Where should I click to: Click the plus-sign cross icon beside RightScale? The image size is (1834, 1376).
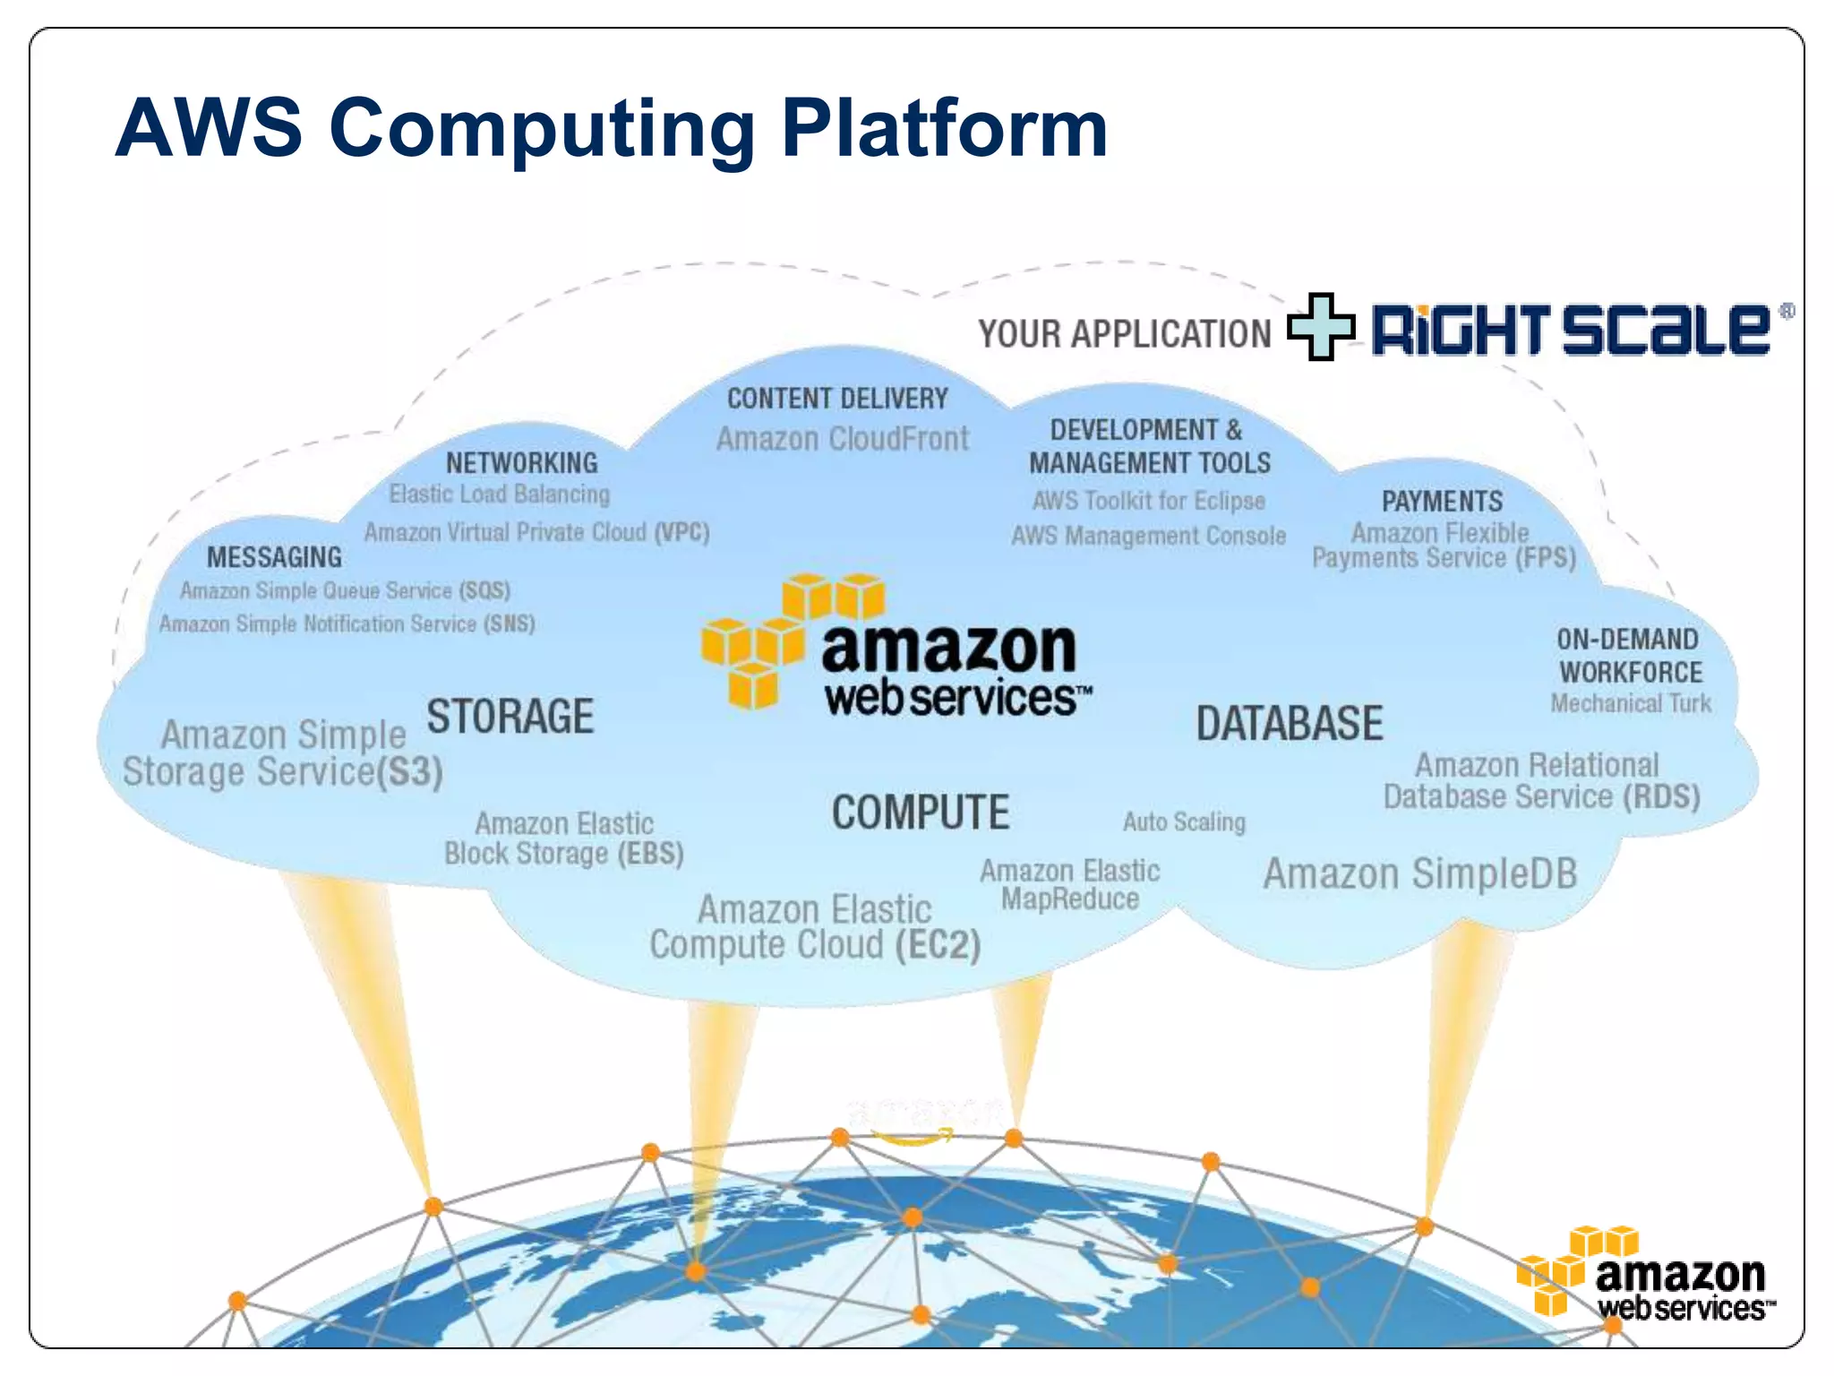coord(1321,327)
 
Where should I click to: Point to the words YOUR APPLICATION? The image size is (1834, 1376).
coord(1124,334)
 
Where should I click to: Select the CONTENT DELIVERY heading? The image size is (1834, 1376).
coord(837,399)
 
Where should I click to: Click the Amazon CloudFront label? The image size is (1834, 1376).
coord(843,439)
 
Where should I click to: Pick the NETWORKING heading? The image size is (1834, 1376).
coord(522,463)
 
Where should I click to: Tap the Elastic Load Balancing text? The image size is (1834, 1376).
coord(499,494)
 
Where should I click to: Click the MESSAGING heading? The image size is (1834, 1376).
coord(274,557)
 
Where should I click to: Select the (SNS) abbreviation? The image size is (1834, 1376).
coord(510,623)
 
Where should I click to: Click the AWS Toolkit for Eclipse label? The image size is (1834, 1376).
coord(1149,501)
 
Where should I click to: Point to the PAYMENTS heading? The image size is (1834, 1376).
coord(1442,502)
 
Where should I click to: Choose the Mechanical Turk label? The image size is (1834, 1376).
coord(1631,704)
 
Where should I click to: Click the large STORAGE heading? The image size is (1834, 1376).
coord(510,717)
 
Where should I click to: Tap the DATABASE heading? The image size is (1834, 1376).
coord(1290,724)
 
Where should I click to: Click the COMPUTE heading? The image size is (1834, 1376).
coord(921,813)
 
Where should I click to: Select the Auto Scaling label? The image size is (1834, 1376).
coord(1184,822)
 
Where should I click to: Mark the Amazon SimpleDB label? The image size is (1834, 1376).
coord(1420,874)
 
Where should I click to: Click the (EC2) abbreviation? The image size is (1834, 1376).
coord(938,946)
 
